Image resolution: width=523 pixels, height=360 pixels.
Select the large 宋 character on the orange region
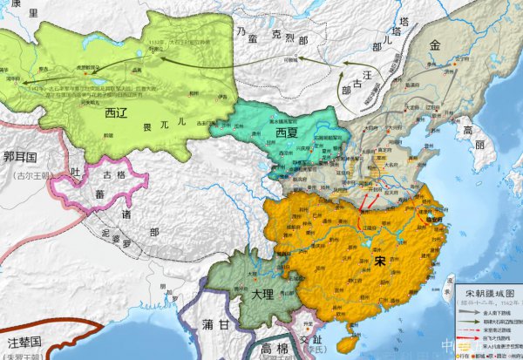378,261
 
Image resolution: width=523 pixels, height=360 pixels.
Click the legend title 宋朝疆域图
489,294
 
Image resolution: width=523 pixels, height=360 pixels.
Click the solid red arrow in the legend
471,336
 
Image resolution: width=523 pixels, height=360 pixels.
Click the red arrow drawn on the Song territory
367,212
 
